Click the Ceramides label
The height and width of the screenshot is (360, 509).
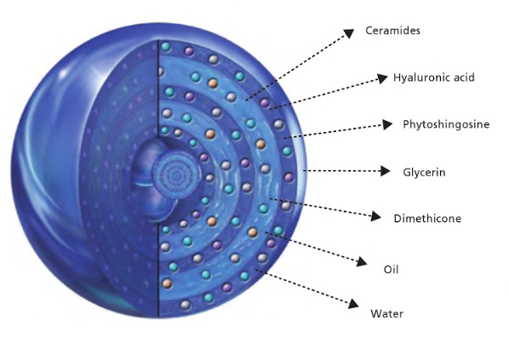pos(392,31)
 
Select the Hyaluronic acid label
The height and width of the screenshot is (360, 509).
pos(434,77)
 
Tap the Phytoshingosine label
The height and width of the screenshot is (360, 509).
pos(446,124)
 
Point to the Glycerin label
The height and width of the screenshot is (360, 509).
pos(424,172)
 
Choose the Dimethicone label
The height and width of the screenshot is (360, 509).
pos(427,218)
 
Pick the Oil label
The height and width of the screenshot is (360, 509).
pos(391,270)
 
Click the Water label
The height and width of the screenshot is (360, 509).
pos(386,313)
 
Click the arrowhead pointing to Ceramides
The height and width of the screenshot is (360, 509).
pos(349,33)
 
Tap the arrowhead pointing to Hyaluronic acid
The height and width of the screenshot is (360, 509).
pos(382,78)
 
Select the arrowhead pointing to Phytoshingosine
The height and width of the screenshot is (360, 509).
pos(387,124)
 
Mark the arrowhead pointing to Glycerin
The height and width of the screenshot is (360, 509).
pos(386,171)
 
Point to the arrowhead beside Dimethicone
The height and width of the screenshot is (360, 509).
pos(376,216)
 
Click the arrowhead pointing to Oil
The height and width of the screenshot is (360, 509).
pos(362,261)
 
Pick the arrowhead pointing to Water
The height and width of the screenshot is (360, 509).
pos(353,304)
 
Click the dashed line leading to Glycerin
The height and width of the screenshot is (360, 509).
pos(342,171)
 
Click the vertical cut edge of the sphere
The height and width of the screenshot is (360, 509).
pos(158,178)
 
